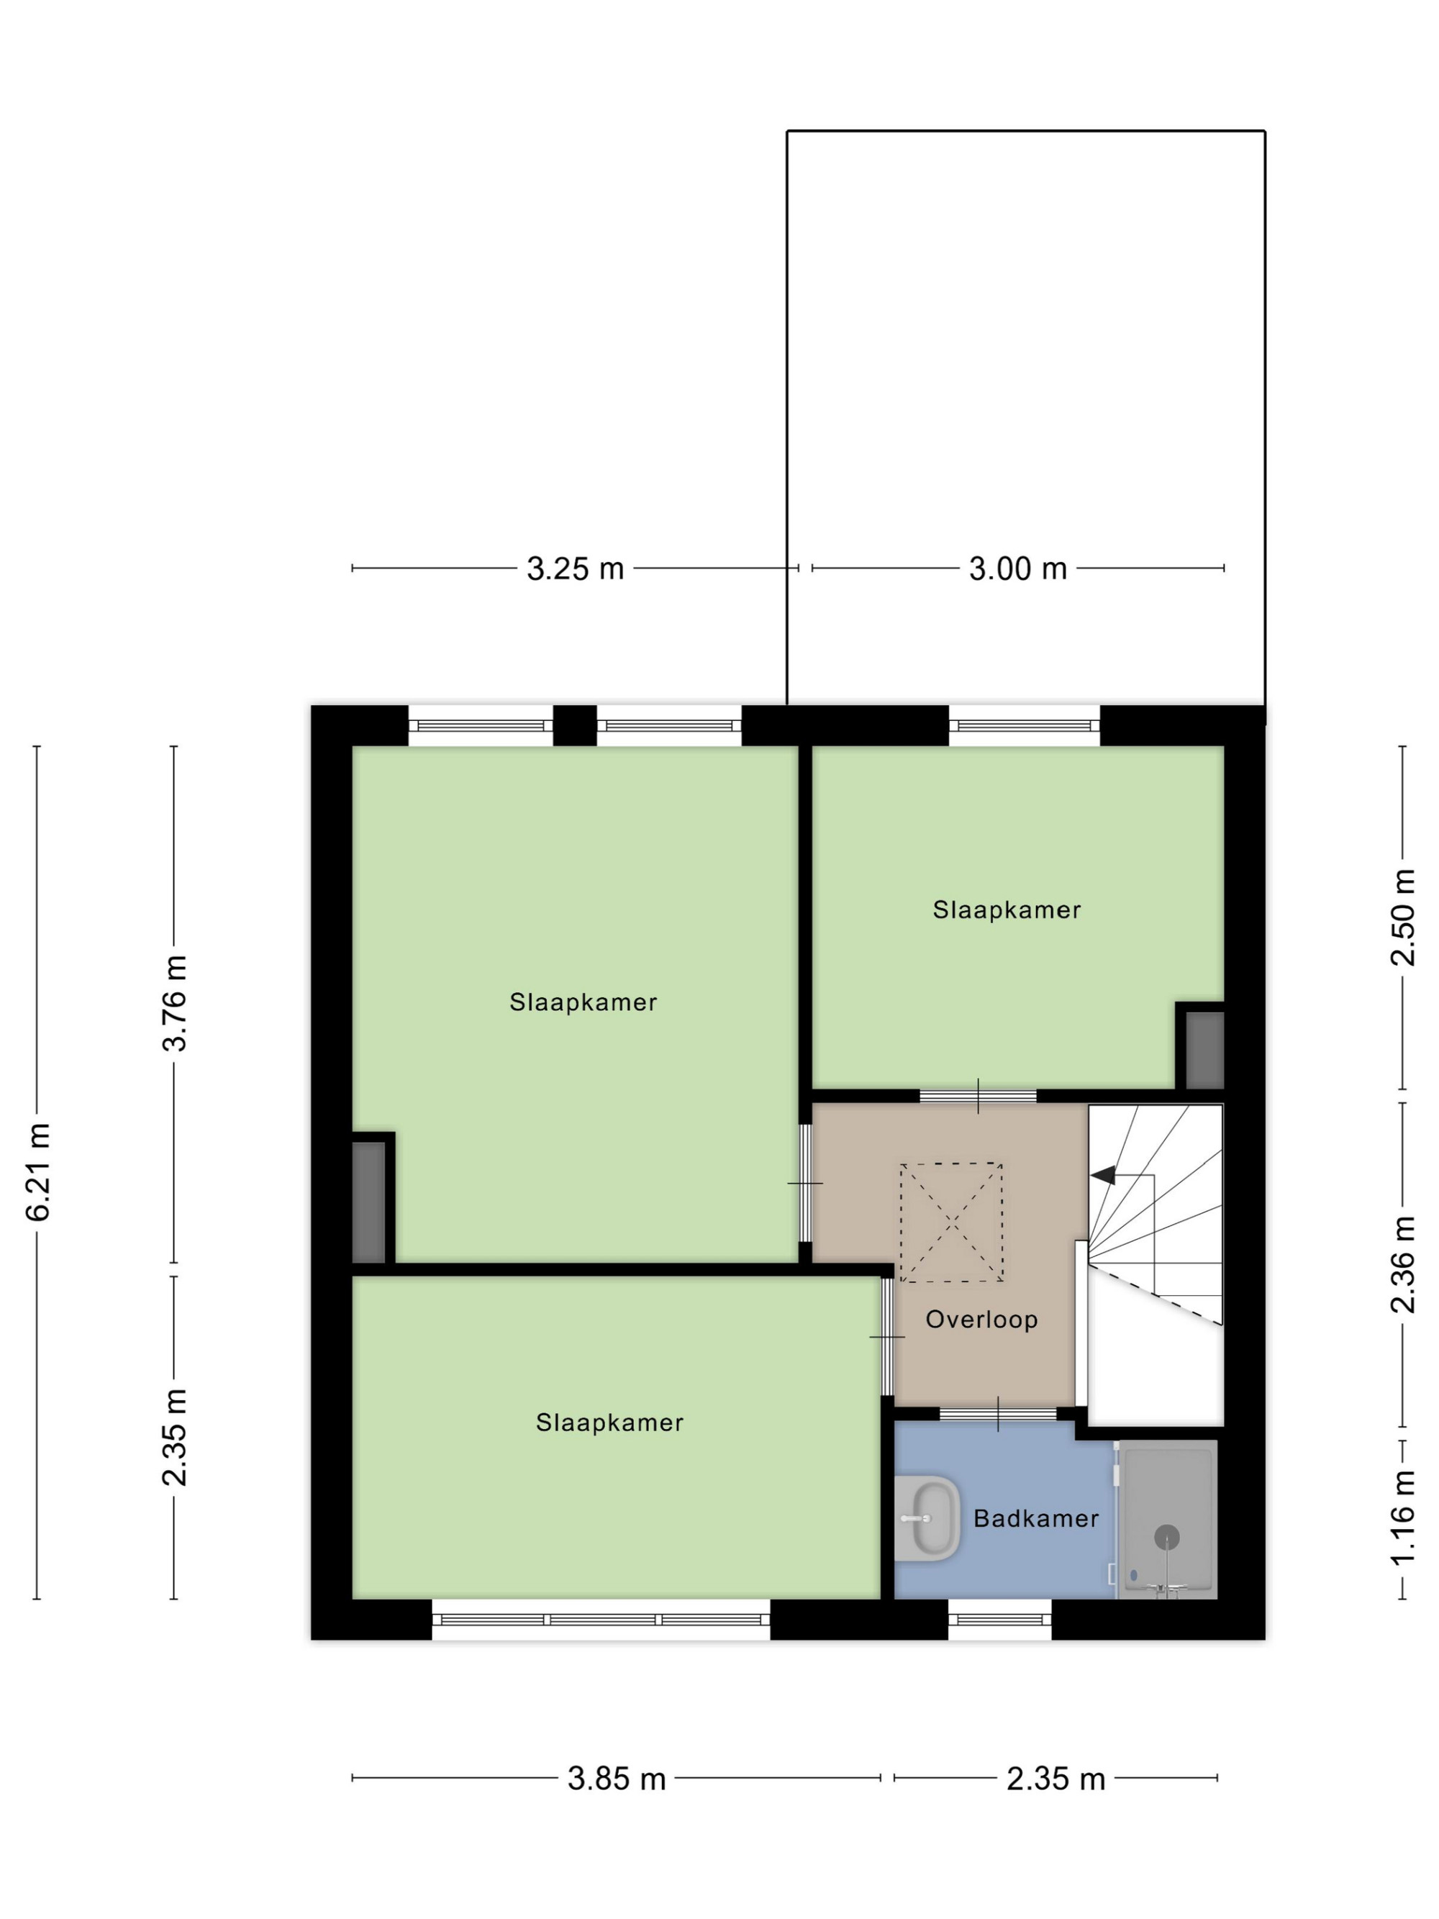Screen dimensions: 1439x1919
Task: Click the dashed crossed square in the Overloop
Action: (x=951, y=1222)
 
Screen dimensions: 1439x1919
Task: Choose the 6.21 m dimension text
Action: (x=39, y=1172)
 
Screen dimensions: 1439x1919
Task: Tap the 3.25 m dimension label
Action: (x=575, y=569)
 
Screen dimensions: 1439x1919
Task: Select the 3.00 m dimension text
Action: (x=1017, y=569)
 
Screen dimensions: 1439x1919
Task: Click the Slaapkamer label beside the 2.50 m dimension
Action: (x=1006, y=910)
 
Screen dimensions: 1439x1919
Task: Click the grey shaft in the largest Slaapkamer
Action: (x=368, y=1202)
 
